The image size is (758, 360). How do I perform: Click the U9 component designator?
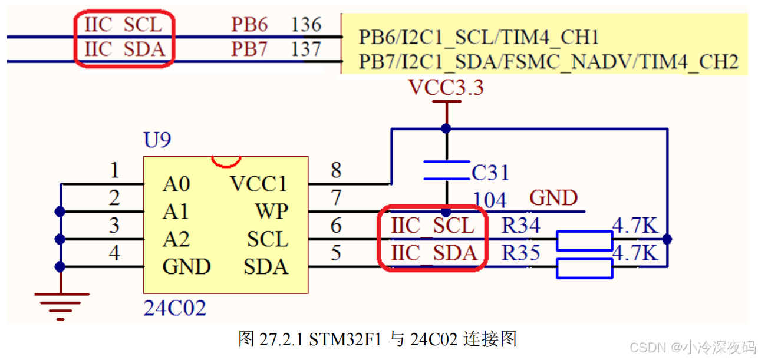click(157, 140)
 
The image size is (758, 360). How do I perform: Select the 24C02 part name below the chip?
click(174, 308)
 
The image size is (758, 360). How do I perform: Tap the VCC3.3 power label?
click(446, 88)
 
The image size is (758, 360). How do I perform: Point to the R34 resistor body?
click(585, 240)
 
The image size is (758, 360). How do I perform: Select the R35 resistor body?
click(585, 268)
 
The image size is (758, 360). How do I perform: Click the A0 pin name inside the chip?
click(176, 185)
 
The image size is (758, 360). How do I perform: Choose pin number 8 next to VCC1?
click(335, 171)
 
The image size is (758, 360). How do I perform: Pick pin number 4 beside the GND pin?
click(114, 253)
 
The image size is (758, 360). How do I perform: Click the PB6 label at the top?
click(249, 25)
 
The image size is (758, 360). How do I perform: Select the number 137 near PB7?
click(306, 49)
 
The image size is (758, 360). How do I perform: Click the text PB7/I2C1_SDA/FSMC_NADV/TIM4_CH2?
click(548, 62)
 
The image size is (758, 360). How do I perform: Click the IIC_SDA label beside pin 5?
click(433, 253)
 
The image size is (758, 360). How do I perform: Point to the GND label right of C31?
click(553, 198)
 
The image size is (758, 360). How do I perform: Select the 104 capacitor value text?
click(490, 200)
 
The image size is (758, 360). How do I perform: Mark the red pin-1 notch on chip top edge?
click(226, 161)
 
